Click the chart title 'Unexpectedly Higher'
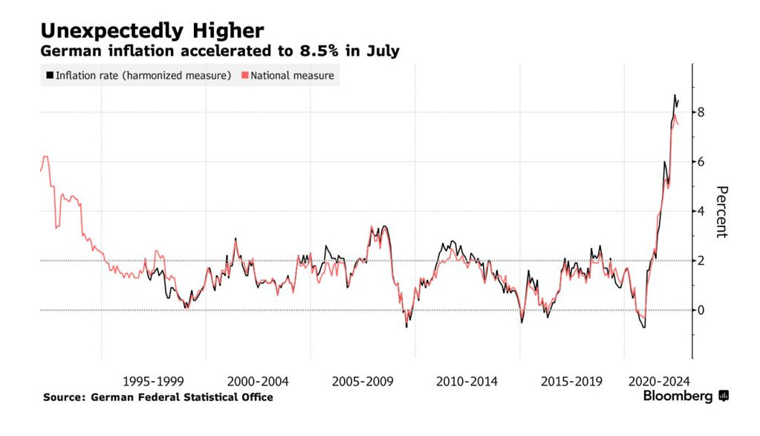click(152, 30)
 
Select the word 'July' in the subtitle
click(383, 51)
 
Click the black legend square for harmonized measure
click(50, 75)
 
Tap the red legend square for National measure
click(245, 75)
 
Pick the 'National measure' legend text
click(292, 75)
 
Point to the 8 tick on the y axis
click(701, 112)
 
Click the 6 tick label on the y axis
click(701, 162)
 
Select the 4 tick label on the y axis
click(701, 211)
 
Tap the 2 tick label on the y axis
click(701, 261)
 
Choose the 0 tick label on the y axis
click(701, 310)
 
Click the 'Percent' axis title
click(721, 212)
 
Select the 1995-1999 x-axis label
click(153, 381)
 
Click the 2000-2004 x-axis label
click(258, 381)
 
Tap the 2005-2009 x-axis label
click(363, 381)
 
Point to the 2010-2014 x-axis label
click(467, 381)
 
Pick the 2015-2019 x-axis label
click(571, 381)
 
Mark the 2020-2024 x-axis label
click(659, 381)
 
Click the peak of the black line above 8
click(675, 95)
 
